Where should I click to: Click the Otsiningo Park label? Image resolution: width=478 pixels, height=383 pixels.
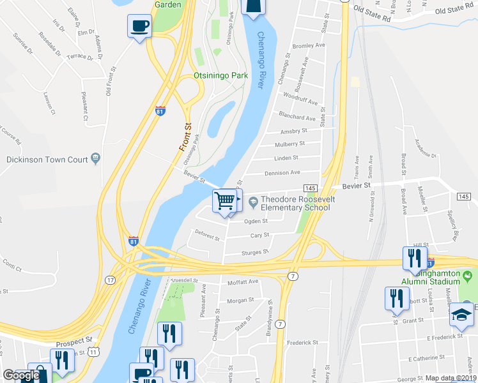220,75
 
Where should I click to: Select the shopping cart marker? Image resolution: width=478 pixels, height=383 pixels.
225,201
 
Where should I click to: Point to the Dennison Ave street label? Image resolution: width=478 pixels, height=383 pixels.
282,172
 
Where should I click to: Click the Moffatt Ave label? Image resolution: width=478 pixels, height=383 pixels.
243,281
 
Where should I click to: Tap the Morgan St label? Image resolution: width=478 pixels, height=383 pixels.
241,300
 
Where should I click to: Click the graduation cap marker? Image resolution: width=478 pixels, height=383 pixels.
463,315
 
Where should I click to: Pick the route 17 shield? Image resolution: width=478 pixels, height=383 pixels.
111,280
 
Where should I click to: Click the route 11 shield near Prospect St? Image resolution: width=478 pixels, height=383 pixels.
94,352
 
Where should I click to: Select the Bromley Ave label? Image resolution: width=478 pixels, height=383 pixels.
308,46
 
